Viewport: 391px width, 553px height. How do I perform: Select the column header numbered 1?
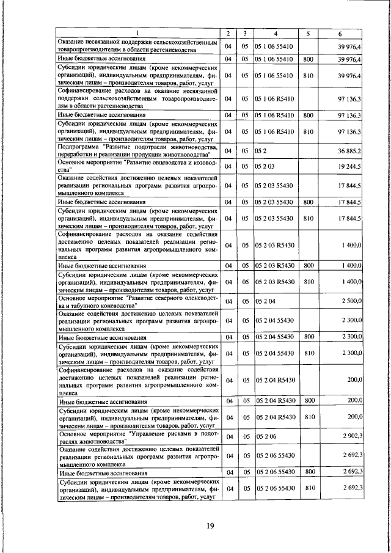pyautogui.click(x=137, y=32)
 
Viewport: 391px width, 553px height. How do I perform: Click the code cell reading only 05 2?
pyautogui.click(x=261, y=151)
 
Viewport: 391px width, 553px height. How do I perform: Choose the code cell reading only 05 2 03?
pyautogui.click(x=265, y=166)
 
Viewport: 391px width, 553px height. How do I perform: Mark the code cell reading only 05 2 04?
pyautogui.click(x=265, y=301)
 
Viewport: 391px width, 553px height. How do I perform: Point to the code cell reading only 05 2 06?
pyautogui.click(x=265, y=436)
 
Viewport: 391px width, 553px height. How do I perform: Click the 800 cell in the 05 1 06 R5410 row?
pyautogui.click(x=308, y=114)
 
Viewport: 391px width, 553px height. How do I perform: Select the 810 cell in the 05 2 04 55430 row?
pyautogui.click(x=308, y=354)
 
